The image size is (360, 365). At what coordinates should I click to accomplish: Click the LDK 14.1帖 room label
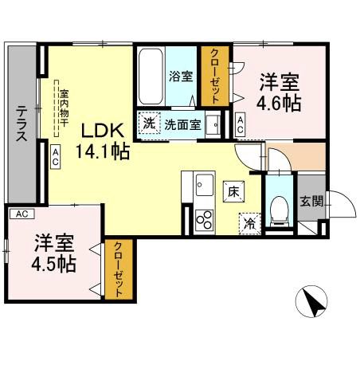(103, 141)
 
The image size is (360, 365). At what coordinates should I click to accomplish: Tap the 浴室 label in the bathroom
(181, 77)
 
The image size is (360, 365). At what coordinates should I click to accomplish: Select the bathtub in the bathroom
(151, 77)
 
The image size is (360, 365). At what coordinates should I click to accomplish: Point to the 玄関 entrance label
(311, 202)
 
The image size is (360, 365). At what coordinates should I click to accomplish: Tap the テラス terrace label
(22, 123)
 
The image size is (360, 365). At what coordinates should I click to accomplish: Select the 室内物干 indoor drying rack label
(65, 108)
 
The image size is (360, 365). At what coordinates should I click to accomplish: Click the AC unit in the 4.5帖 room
(22, 214)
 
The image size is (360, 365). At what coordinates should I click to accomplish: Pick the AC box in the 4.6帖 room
(241, 125)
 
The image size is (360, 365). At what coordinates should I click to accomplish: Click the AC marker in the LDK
(56, 156)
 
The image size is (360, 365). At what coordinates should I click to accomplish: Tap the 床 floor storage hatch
(233, 192)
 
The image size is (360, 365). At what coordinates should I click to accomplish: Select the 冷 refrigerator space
(249, 224)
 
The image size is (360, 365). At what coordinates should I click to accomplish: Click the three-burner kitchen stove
(205, 220)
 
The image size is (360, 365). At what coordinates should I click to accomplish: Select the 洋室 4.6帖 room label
(279, 92)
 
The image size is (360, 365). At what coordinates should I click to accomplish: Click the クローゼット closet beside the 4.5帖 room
(119, 269)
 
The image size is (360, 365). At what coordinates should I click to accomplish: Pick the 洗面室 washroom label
(183, 125)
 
